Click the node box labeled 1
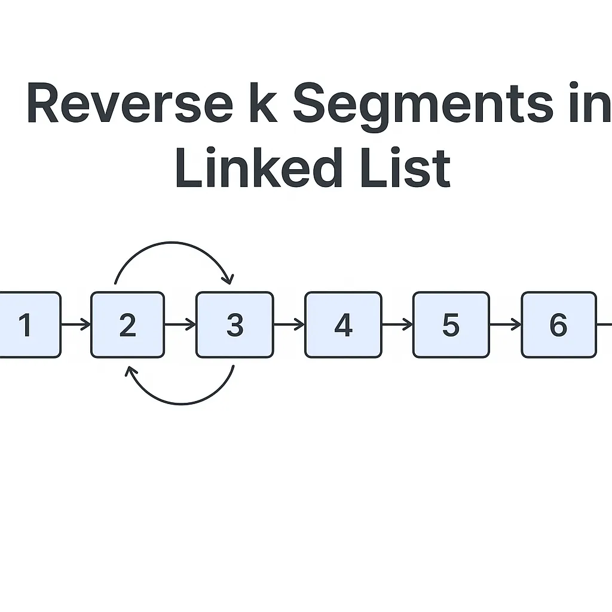[27, 325]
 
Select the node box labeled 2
[127, 325]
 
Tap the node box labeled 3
[235, 325]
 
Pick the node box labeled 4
[343, 325]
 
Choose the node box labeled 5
[451, 325]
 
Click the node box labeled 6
[559, 325]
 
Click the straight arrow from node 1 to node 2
[76, 325]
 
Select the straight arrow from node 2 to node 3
[180, 325]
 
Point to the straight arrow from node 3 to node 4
[289, 325]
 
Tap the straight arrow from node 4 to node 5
[397, 325]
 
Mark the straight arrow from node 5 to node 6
[506, 325]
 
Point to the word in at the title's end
[592, 105]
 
